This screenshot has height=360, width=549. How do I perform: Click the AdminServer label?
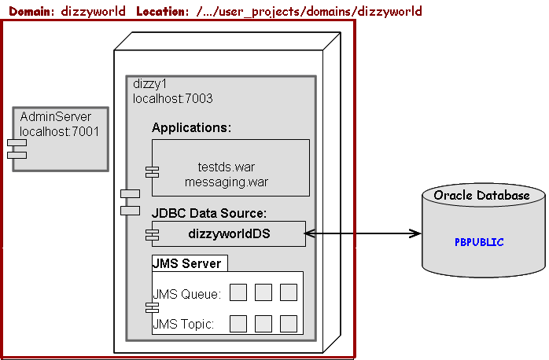pos(55,117)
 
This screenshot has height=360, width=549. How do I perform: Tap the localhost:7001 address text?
pos(59,131)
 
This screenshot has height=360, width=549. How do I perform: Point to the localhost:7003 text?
pos(172,99)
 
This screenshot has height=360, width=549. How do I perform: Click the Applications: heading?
pos(191,127)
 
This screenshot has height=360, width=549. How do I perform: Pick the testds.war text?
pos(227,167)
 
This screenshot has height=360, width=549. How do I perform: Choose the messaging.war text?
pos(227,182)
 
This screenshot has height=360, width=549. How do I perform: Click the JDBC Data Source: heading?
pos(209,213)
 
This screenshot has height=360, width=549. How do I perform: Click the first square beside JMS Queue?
pos(238,292)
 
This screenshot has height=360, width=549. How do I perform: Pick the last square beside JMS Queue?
pos(288,292)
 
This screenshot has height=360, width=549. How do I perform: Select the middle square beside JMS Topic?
pos(263,323)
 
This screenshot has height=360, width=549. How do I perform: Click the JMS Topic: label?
pos(183,323)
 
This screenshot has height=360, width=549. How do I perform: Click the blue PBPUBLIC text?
pos(479,242)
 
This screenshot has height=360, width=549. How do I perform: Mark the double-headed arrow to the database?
pos(363,233)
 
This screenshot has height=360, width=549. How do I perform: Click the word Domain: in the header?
pos(31,11)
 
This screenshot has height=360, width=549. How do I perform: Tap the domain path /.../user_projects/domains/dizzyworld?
pos(309,11)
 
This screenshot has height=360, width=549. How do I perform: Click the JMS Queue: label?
pos(186,294)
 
